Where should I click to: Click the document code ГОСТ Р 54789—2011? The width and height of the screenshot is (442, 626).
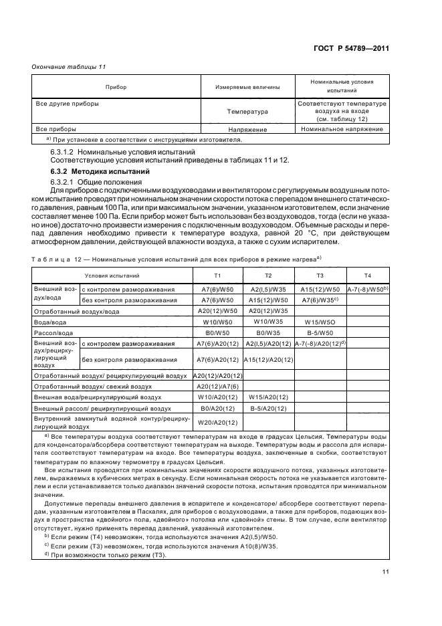click(354, 48)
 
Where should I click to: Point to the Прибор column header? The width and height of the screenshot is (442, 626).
click(116, 88)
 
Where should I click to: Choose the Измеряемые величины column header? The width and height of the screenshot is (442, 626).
click(247, 88)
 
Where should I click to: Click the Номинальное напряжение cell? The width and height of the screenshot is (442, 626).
click(342, 129)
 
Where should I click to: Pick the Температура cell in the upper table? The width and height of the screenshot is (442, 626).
click(247, 112)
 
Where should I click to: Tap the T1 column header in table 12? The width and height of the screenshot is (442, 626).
click(217, 276)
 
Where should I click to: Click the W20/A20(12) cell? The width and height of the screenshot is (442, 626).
click(217, 422)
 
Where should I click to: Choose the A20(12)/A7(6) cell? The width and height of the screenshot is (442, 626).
click(217, 387)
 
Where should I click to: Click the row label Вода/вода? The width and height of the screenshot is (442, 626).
click(49, 322)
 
